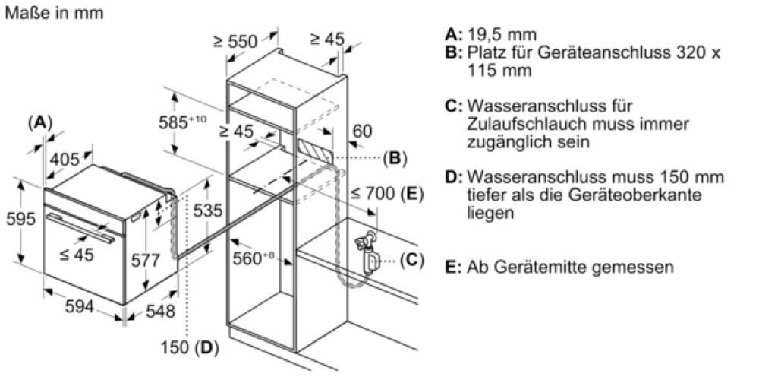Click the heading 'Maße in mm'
click(55, 14)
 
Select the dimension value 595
click(20, 219)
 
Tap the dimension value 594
click(79, 306)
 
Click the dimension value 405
click(65, 160)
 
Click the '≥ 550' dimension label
click(235, 42)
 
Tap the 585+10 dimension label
click(181, 122)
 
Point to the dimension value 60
click(362, 131)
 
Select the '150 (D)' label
click(189, 348)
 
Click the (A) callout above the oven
click(39, 122)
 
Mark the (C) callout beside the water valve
click(411, 259)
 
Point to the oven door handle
click(80, 226)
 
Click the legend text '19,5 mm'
click(502, 34)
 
